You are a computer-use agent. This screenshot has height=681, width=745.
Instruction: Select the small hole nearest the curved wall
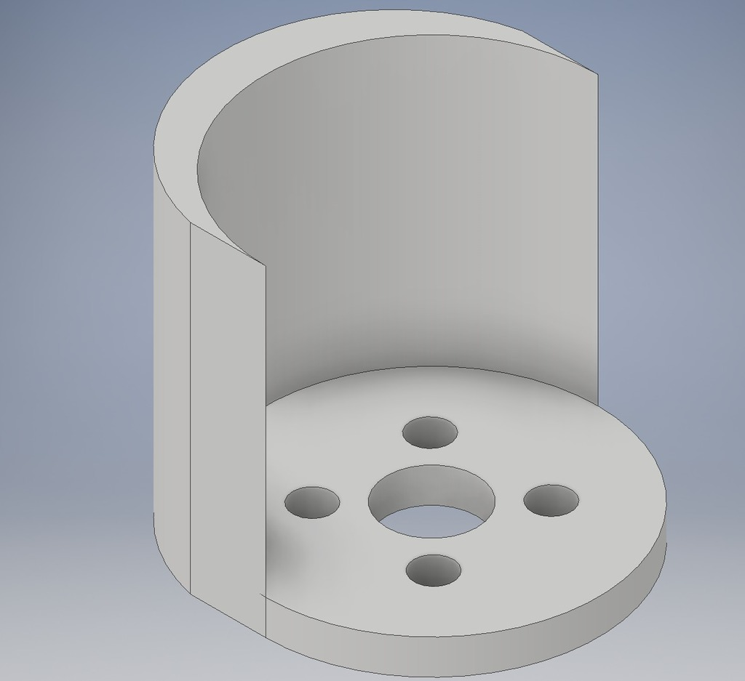pyautogui.click(x=430, y=432)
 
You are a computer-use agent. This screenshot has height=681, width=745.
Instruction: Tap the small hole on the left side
pyautogui.click(x=312, y=502)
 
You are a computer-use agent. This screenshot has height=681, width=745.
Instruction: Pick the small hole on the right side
pyautogui.click(x=551, y=501)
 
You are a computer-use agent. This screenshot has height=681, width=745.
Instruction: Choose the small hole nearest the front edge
pyautogui.click(x=433, y=570)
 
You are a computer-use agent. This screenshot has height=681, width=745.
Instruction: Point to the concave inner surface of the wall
pyautogui.click(x=407, y=218)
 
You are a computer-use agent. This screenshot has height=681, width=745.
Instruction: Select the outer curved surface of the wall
pyautogui.click(x=172, y=363)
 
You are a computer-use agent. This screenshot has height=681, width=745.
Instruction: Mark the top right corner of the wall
pyautogui.click(x=597, y=74)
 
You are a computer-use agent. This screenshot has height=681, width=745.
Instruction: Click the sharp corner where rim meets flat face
pyautogui.click(x=264, y=266)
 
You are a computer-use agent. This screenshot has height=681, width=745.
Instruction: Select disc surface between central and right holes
pyautogui.click(x=509, y=501)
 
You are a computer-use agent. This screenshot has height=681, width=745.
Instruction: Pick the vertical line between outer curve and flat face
pyautogui.click(x=191, y=407)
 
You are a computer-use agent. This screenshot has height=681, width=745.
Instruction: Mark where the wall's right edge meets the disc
pyautogui.click(x=597, y=405)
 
